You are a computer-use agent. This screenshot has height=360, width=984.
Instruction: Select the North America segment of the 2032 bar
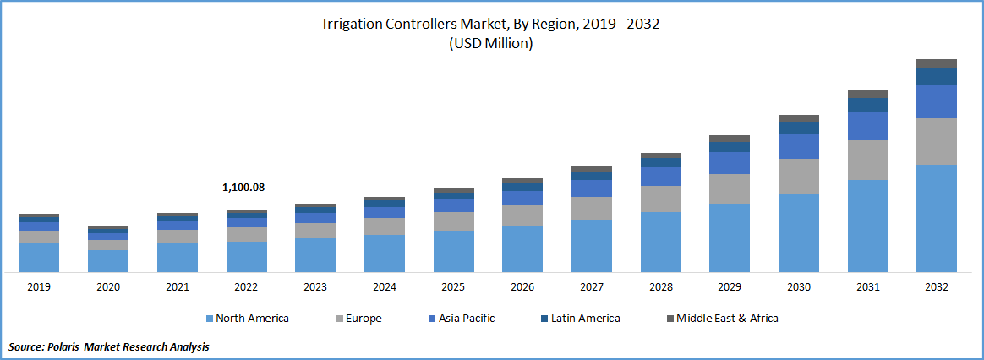[937, 218]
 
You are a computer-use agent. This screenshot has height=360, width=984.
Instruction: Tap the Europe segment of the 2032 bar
[937, 141]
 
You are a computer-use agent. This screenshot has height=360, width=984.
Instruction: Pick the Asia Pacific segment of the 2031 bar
[868, 126]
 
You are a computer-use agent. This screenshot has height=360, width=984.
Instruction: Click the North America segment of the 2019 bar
[39, 257]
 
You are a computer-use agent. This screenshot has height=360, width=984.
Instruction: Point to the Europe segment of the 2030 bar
[799, 176]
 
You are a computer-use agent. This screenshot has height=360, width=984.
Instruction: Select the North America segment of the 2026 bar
[522, 248]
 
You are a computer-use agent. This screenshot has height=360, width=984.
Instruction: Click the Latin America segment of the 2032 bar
[937, 76]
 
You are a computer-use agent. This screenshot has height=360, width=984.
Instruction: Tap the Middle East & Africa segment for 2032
[937, 63]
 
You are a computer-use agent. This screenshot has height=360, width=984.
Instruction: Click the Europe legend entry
[363, 319]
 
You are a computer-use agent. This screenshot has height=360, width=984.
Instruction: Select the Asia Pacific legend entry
[466, 319]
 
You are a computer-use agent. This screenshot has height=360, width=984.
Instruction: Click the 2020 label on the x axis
[107, 287]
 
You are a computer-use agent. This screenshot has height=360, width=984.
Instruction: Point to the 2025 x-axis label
[453, 287]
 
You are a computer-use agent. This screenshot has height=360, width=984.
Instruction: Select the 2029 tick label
[730, 287]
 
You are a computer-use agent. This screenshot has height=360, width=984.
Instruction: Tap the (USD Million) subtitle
[491, 44]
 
